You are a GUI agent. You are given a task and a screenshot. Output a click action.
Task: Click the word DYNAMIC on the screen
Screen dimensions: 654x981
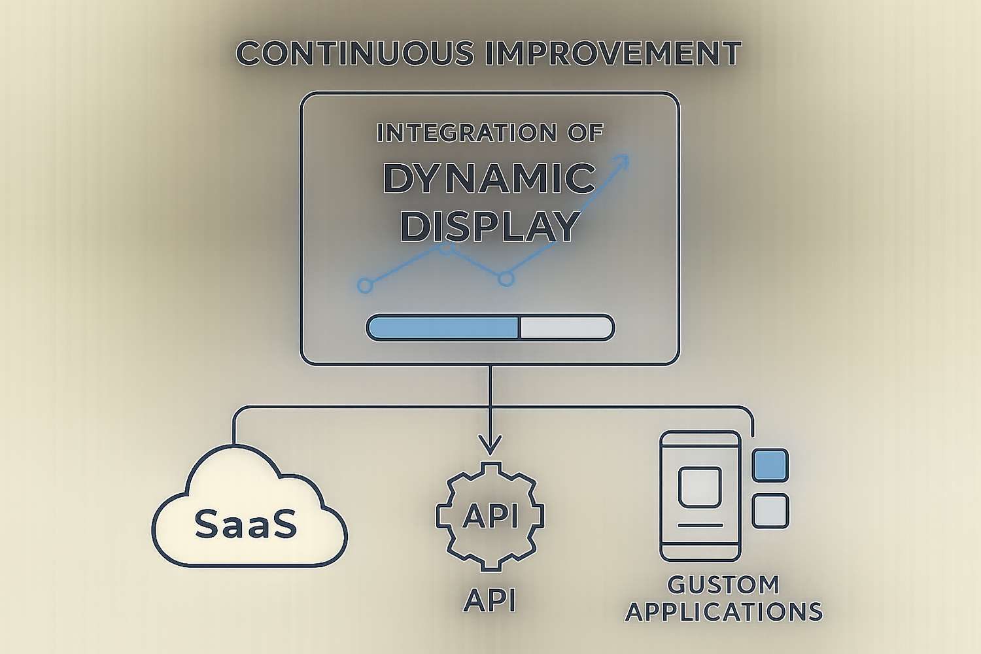pyautogui.click(x=489, y=179)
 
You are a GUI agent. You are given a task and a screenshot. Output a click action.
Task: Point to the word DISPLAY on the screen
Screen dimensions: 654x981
pyautogui.click(x=490, y=226)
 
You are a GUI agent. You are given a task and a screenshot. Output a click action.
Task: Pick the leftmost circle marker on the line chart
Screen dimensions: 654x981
pyautogui.click(x=365, y=285)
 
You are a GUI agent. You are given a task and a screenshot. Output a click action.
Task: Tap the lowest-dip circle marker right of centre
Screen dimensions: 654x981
pyautogui.click(x=506, y=279)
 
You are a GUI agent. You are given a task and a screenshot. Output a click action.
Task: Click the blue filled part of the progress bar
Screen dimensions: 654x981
pyautogui.click(x=443, y=328)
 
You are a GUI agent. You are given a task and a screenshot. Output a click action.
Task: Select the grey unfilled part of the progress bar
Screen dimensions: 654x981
pyautogui.click(x=566, y=328)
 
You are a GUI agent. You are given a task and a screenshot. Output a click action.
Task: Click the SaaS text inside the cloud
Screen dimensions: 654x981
pyautogui.click(x=246, y=524)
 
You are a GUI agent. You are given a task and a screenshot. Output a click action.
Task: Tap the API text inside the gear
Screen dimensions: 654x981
pyautogui.click(x=490, y=515)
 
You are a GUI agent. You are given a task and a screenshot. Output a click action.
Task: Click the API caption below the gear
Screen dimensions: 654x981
pyautogui.click(x=490, y=600)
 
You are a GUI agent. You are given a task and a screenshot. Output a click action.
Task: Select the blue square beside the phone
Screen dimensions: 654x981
pyautogui.click(x=770, y=465)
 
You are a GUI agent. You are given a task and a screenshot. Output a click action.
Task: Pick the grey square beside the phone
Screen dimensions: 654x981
pyautogui.click(x=770, y=511)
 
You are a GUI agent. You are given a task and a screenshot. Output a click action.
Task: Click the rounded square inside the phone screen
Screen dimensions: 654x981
pyautogui.click(x=700, y=487)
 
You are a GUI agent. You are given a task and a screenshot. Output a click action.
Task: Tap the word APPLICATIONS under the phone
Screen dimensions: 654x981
pyautogui.click(x=724, y=612)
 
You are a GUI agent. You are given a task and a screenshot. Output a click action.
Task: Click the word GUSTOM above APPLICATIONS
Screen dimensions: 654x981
pyautogui.click(x=723, y=584)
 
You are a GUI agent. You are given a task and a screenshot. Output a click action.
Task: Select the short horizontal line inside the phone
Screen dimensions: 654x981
pyautogui.click(x=700, y=525)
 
